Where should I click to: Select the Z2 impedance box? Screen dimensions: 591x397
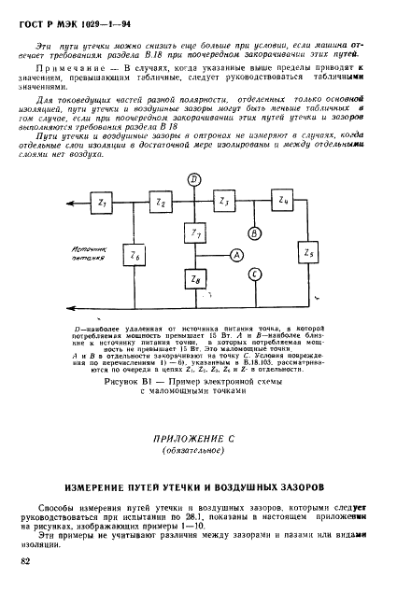tap(162, 202)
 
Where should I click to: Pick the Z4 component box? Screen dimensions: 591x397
tap(285, 202)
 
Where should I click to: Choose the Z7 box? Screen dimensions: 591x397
tap(195, 231)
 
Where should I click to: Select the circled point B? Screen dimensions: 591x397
tap(253, 232)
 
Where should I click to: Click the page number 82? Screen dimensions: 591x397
tap(25, 560)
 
